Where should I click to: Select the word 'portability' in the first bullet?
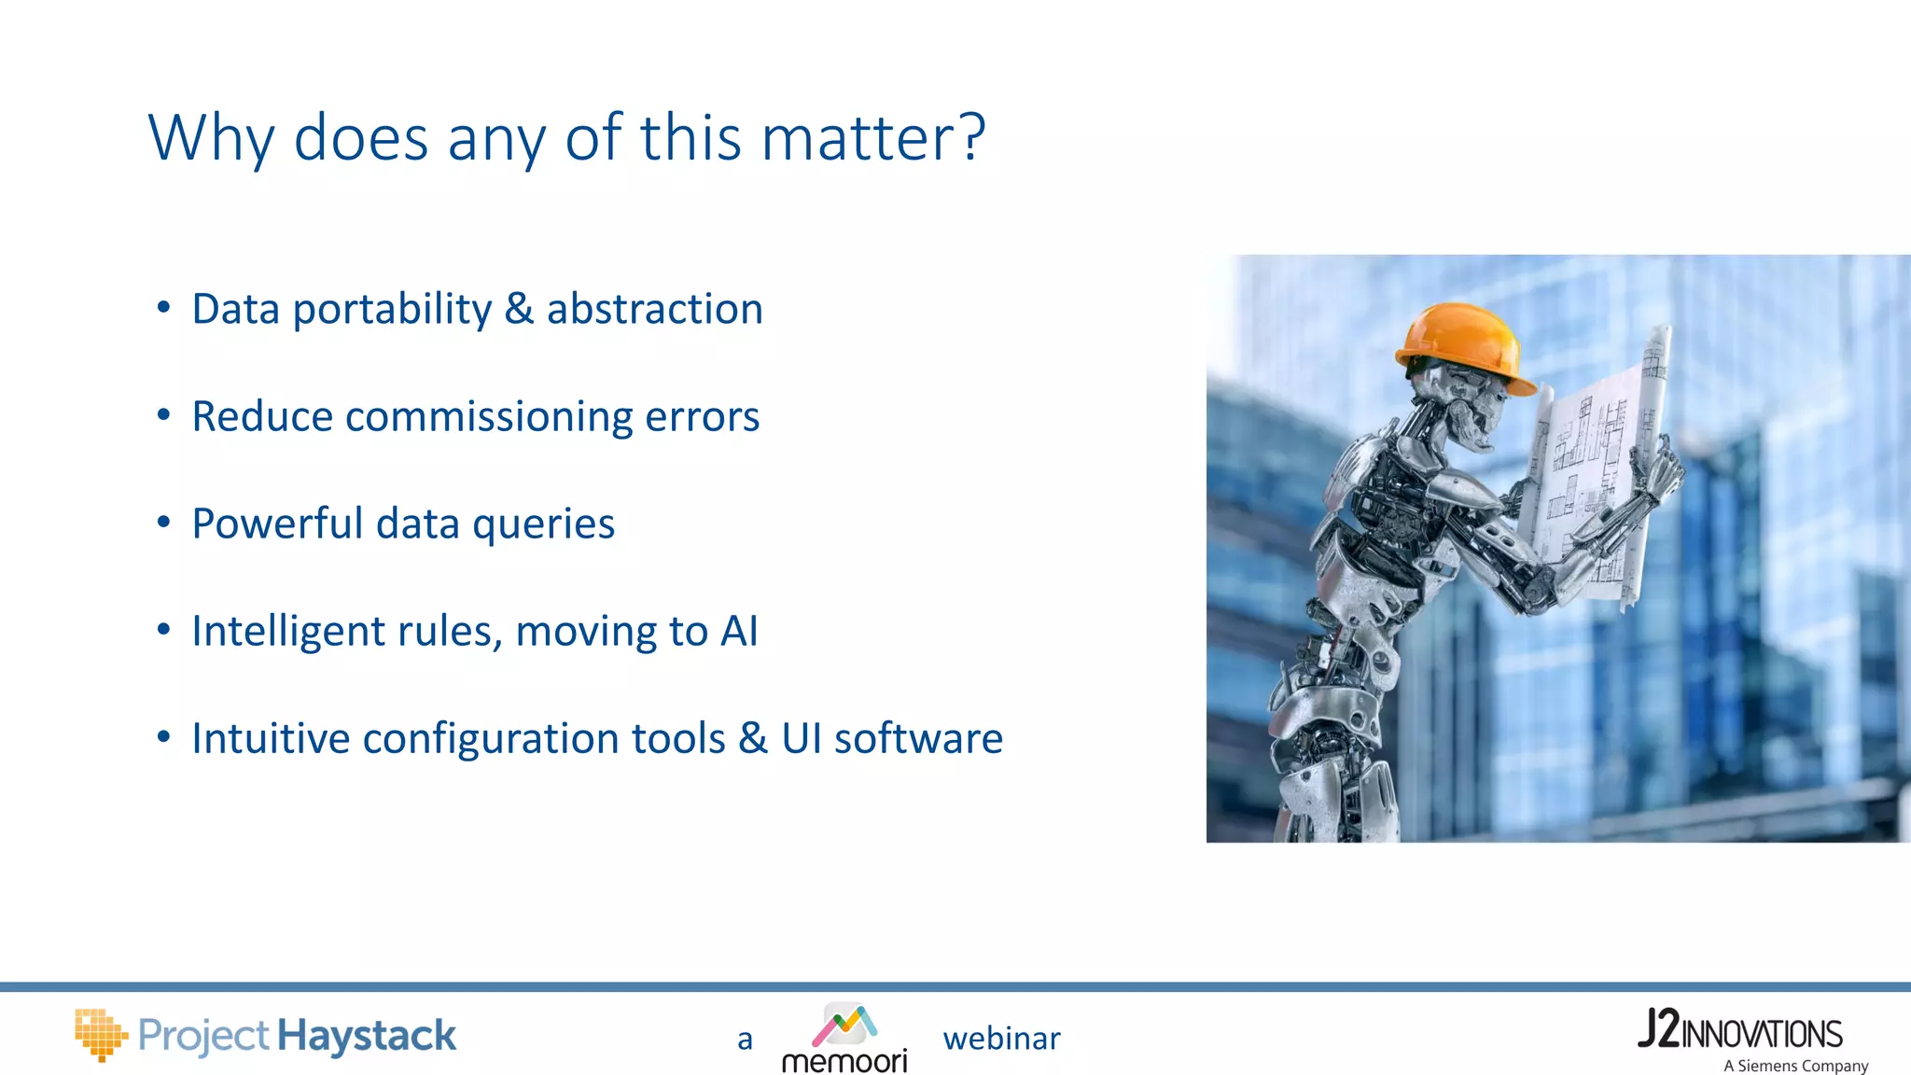click(392, 310)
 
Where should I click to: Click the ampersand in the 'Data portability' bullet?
click(519, 309)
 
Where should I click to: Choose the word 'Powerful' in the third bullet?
click(277, 524)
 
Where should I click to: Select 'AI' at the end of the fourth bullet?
click(739, 631)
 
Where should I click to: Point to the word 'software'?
click(918, 738)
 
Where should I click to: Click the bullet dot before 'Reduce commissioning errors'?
click(164, 415)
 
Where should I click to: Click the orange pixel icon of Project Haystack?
click(100, 1034)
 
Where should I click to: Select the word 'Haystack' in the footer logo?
click(367, 1036)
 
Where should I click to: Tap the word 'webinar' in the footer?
click(1001, 1039)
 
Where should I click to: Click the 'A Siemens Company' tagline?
click(1795, 1066)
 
